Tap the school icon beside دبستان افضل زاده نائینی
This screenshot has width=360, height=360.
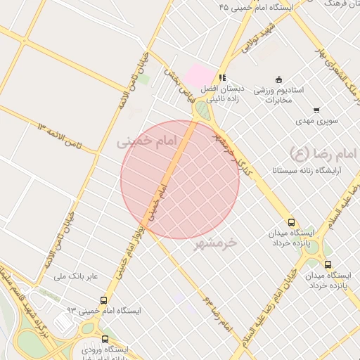point(222,78)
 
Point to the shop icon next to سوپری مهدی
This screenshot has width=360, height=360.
point(316,110)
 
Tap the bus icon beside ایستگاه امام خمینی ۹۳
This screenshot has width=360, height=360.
point(105,300)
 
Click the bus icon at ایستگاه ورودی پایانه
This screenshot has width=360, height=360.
point(105,340)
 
